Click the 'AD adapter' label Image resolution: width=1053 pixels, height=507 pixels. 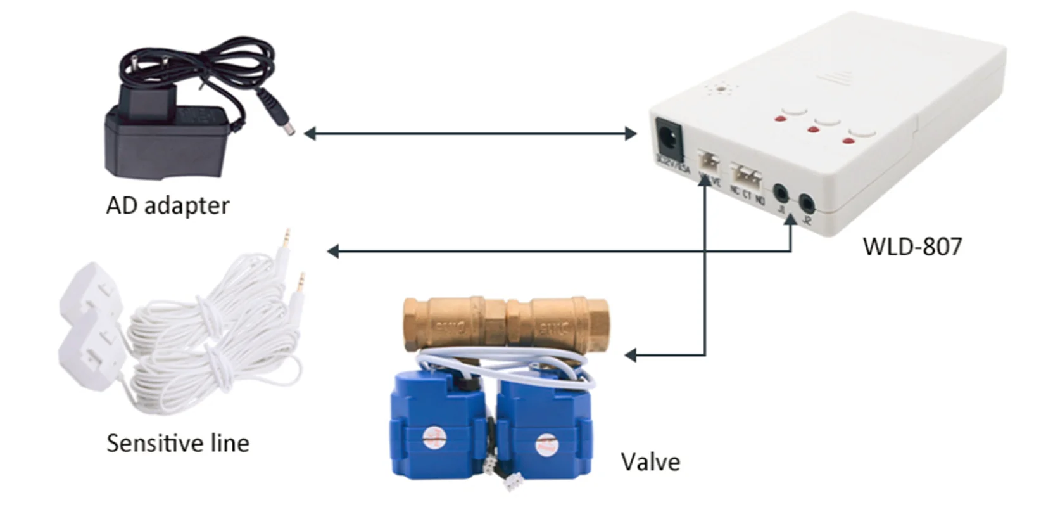tap(167, 205)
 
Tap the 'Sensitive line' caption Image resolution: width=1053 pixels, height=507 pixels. tap(177, 443)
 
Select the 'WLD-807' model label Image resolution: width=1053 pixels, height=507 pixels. tap(912, 246)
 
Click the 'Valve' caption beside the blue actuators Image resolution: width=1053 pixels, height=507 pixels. tap(650, 461)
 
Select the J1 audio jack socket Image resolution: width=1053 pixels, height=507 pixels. tap(781, 191)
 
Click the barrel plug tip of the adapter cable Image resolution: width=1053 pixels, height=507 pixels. tap(288, 129)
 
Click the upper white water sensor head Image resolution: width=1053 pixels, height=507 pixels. tap(89, 292)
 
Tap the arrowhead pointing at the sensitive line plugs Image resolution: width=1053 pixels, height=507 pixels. tap(332, 252)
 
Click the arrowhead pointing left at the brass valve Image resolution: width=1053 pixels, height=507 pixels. tap(630, 355)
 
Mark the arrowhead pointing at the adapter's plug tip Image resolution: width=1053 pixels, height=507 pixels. tap(310, 133)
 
